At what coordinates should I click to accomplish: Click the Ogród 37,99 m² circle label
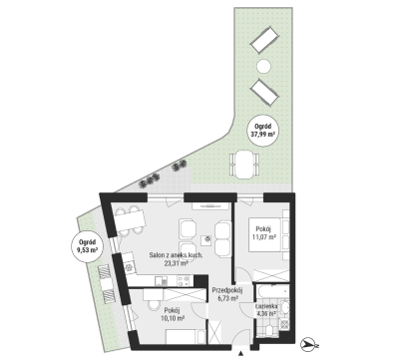262,131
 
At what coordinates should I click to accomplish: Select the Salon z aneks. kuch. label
176,255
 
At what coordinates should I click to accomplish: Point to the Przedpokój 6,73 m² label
227,294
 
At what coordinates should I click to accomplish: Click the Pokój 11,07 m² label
264,233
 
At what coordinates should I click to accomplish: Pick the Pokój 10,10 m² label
175,314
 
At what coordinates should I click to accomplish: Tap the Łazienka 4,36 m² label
265,310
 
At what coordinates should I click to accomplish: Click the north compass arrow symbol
309,345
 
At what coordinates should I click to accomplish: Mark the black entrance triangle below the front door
241,354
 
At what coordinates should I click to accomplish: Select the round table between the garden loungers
264,66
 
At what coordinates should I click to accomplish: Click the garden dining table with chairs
244,165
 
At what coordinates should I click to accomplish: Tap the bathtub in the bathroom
271,291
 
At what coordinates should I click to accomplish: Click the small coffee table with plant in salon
206,239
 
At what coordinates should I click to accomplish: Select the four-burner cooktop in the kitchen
184,281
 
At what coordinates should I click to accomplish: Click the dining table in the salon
130,219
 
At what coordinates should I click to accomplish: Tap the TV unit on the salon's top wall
210,205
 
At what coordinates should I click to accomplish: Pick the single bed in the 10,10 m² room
187,337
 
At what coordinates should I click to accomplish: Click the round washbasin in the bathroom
283,308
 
